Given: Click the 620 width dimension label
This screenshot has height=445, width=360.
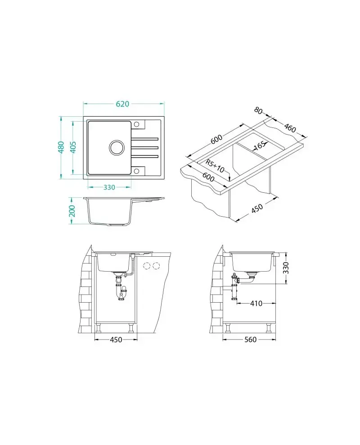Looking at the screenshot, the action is click(122, 104).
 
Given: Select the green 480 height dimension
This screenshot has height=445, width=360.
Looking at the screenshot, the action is click(61, 147).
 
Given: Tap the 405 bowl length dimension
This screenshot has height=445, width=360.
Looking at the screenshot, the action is click(73, 147).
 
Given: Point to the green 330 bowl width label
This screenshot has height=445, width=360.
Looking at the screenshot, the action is click(109, 187).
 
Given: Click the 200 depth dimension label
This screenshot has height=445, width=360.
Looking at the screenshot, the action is click(72, 211).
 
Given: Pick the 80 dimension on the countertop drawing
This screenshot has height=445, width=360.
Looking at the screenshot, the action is click(258, 110).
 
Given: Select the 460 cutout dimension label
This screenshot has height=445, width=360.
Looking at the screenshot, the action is click(290, 128).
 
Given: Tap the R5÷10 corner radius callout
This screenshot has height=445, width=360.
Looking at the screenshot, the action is click(215, 166).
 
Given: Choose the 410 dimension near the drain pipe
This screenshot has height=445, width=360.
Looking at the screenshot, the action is click(256, 304).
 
